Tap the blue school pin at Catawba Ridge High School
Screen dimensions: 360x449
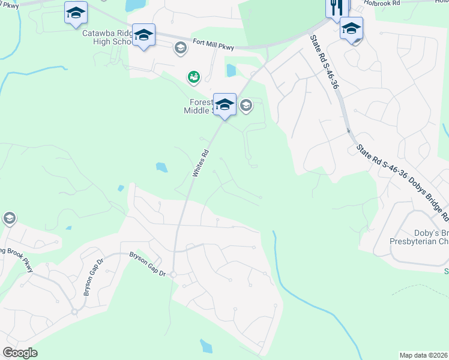coord(143,35)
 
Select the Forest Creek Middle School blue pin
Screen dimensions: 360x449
coord(224,104)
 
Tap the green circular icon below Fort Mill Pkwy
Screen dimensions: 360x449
coord(193,76)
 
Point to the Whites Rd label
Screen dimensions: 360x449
coord(200,163)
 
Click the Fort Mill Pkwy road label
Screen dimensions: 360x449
coord(214,44)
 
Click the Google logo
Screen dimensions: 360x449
coord(20,352)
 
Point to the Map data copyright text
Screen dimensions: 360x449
coord(424,355)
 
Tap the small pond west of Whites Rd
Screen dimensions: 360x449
coord(161,167)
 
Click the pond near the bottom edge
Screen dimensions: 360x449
coord(206,346)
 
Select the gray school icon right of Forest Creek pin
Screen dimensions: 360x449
coord(246,106)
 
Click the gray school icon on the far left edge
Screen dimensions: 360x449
coord(9,218)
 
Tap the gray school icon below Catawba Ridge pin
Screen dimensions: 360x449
coord(180,48)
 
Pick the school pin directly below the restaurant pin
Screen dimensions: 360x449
coord(351,28)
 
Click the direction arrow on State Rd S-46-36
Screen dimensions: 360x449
coord(348,130)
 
